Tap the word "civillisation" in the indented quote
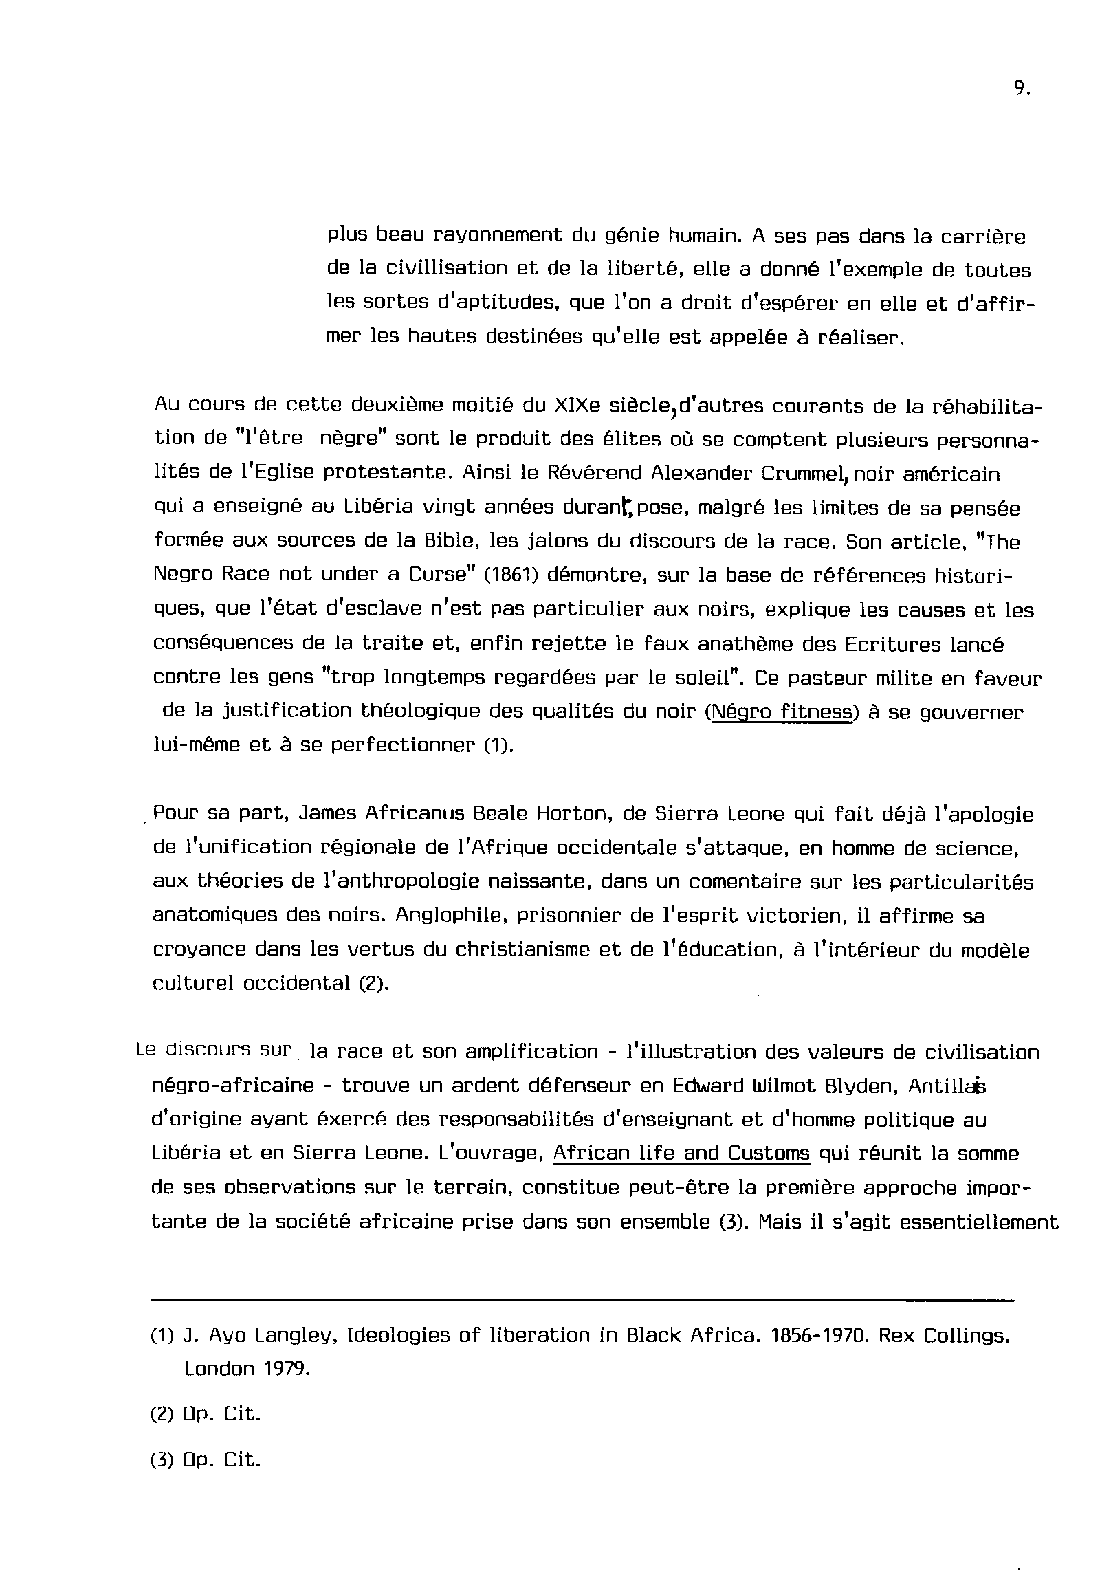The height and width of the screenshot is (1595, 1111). pos(446,269)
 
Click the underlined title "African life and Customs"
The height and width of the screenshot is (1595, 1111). pos(681,1154)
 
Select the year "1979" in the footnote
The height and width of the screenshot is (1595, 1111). pos(287,1369)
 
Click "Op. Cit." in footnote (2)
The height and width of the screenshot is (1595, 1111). pos(221,1414)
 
